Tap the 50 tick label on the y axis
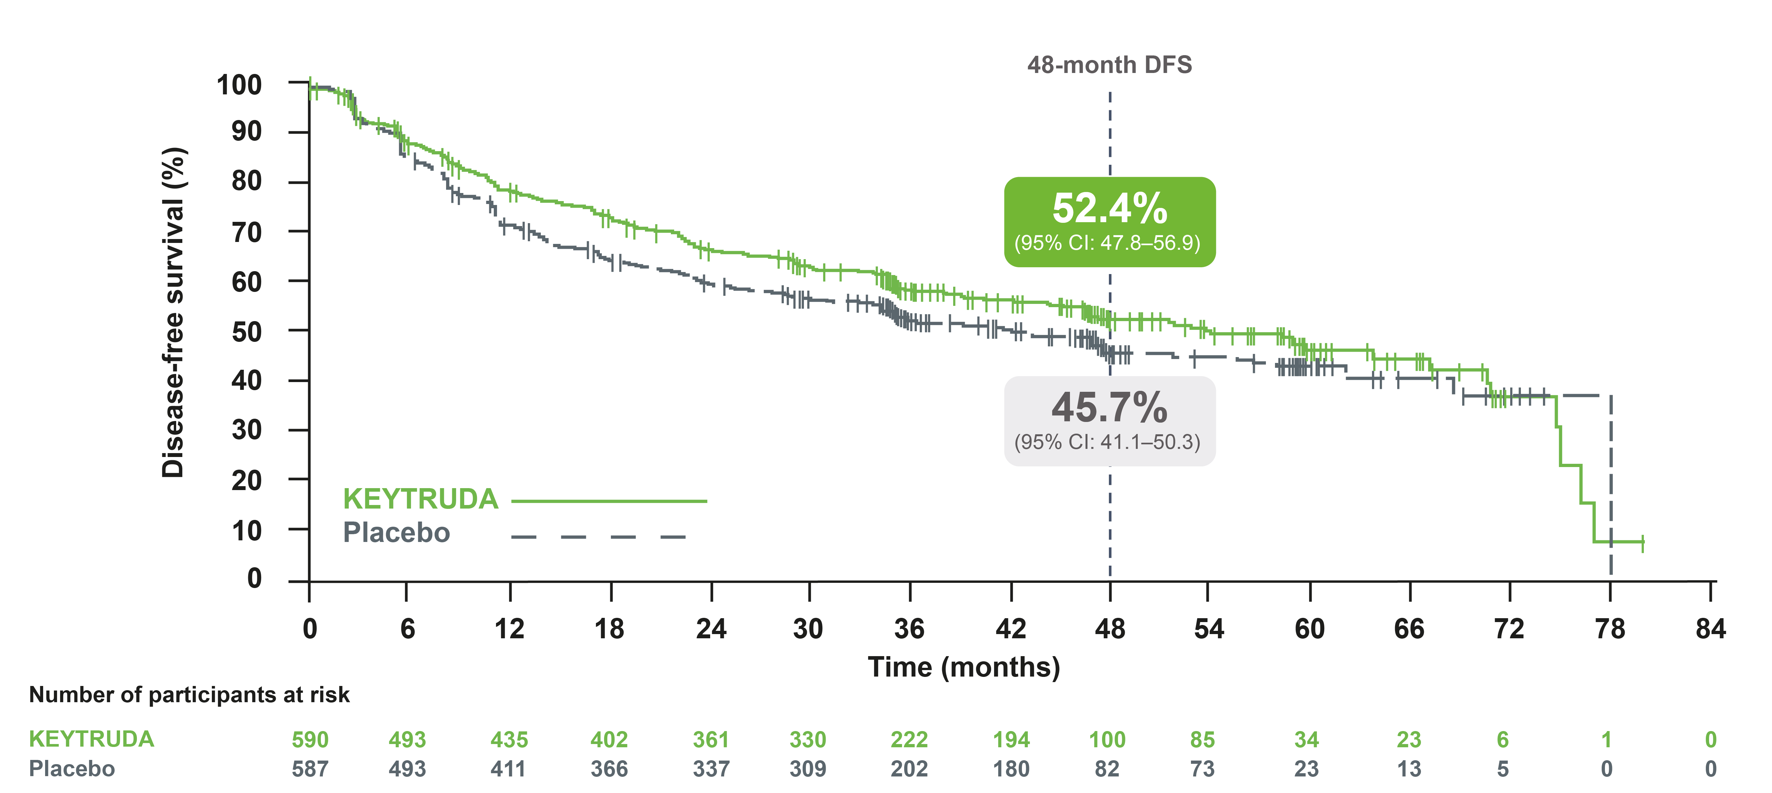(246, 332)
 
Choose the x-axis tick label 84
(1710, 629)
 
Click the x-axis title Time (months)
(964, 667)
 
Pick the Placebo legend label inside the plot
(396, 533)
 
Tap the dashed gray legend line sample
(599, 536)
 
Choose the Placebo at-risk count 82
(1107, 769)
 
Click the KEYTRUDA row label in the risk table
(91, 739)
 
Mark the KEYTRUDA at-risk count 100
(1107, 740)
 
